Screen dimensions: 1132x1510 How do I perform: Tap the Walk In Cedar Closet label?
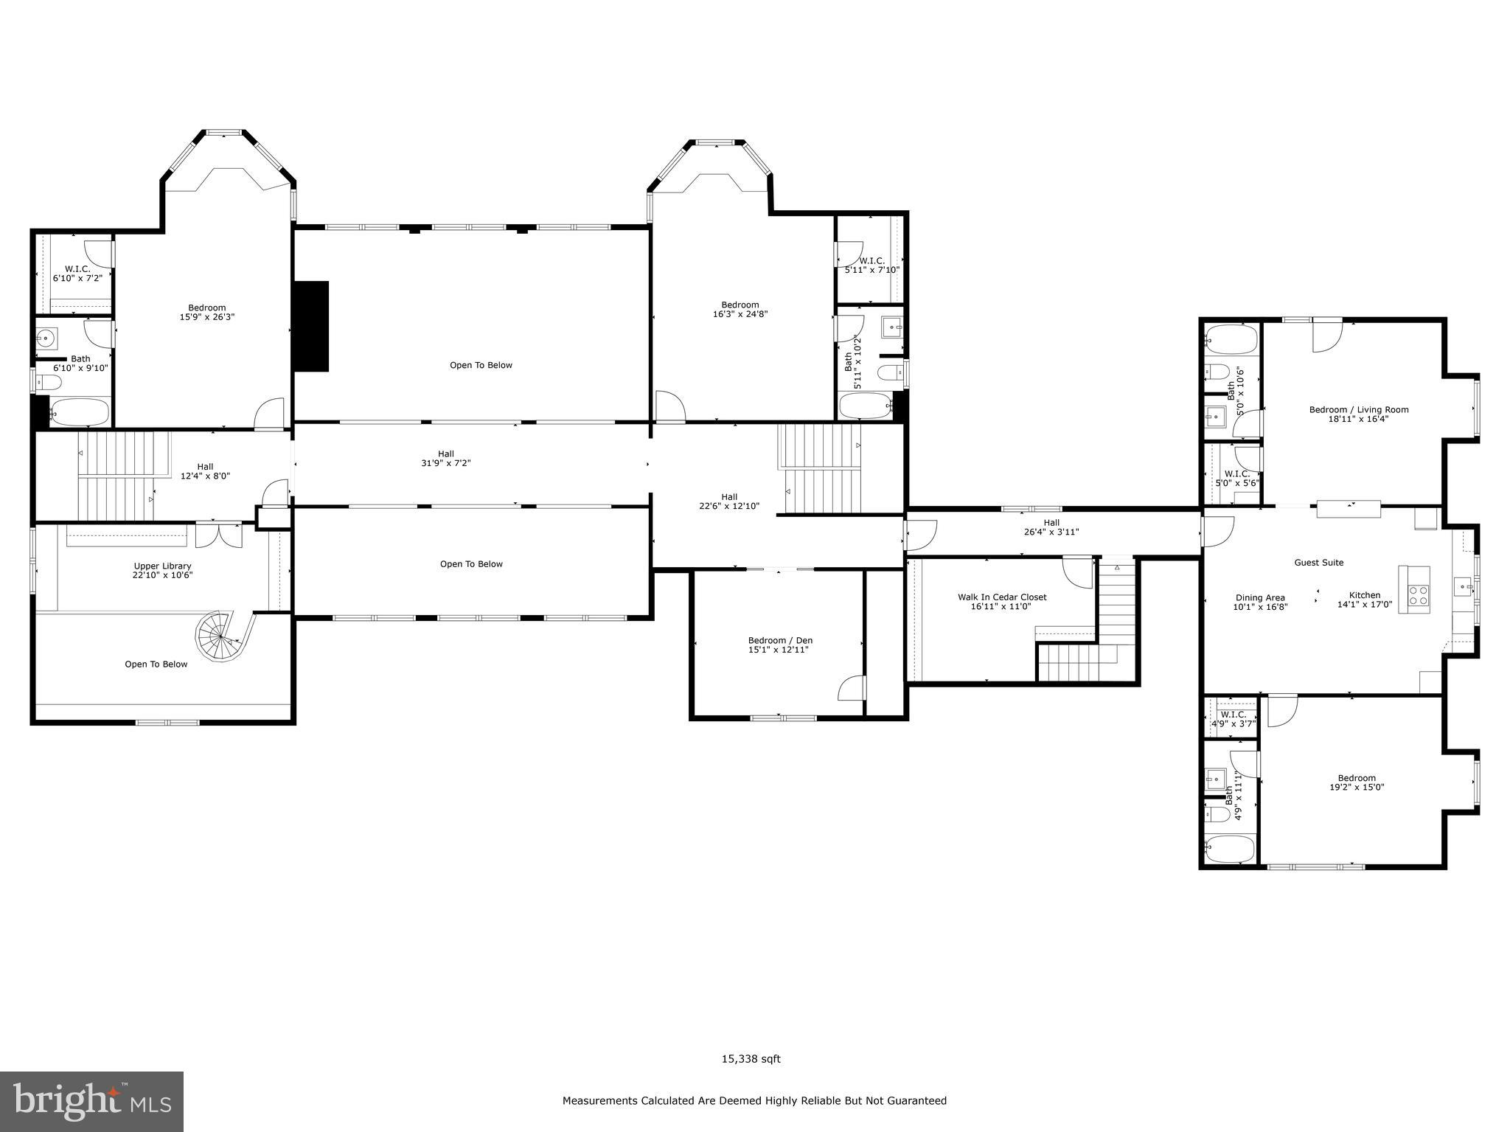1001,602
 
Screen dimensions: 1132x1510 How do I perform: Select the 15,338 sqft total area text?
751,1059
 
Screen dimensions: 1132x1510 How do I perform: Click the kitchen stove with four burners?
1417,595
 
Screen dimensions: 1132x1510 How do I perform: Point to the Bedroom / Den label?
780,645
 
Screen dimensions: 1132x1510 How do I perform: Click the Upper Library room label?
163,571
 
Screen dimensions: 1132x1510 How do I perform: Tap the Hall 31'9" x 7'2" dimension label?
445,459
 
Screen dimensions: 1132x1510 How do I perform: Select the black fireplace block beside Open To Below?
311,326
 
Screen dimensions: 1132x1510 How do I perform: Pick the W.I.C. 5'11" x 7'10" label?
871,265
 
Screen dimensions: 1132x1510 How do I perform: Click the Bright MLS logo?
91,1102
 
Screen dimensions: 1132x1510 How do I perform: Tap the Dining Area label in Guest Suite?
1260,603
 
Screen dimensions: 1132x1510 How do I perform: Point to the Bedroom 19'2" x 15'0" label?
1357,782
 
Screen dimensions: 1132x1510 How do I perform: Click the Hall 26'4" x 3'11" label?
1051,527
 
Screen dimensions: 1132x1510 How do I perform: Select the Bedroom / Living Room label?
1358,414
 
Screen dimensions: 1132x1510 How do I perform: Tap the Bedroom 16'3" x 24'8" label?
740,310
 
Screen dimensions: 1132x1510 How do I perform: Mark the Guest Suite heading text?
1318,563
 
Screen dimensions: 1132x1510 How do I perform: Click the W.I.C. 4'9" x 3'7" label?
1233,719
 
